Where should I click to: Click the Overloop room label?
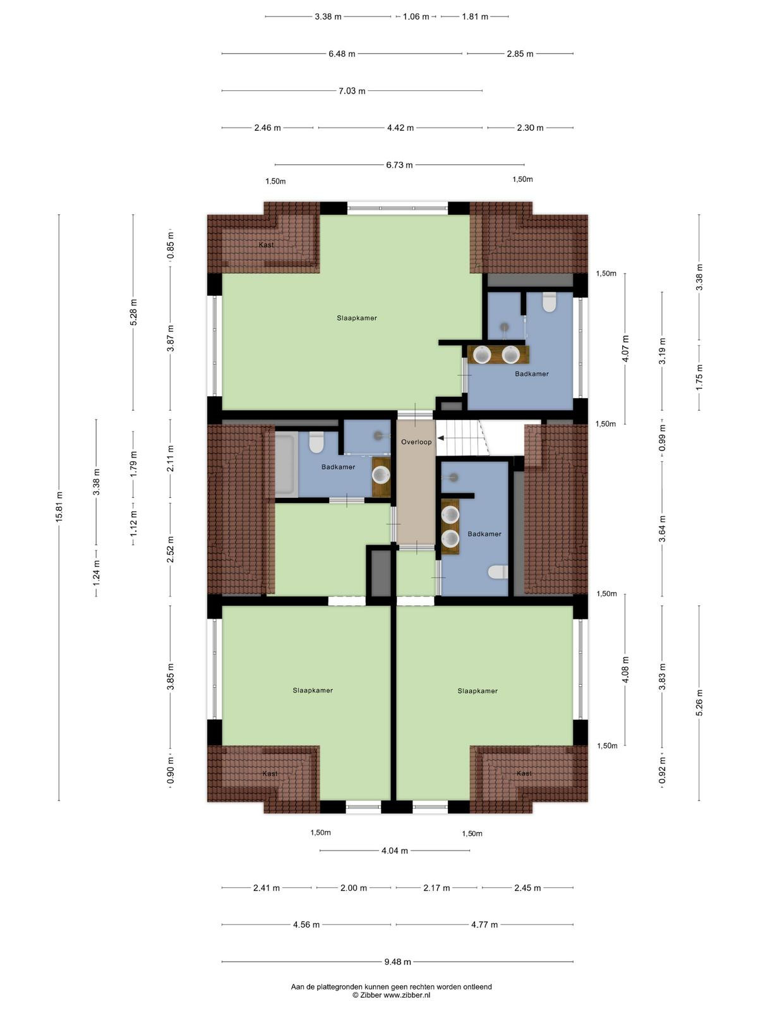(416, 442)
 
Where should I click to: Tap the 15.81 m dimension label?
(59, 507)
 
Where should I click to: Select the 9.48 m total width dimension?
(398, 961)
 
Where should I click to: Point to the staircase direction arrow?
(440, 438)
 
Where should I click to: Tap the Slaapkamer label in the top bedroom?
(357, 318)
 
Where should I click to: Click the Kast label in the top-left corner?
(266, 245)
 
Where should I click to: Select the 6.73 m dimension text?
(399, 165)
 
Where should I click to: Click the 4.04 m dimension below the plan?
(394, 851)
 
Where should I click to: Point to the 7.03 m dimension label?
(352, 91)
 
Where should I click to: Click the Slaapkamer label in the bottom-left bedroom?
(313, 690)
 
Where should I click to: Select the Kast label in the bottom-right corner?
(524, 773)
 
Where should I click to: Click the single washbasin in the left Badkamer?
(381, 475)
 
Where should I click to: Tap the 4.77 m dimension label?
(484, 924)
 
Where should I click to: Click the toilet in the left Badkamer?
(316, 442)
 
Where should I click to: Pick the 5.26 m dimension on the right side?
(699, 703)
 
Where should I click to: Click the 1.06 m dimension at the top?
(416, 16)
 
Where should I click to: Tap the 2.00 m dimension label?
(354, 888)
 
